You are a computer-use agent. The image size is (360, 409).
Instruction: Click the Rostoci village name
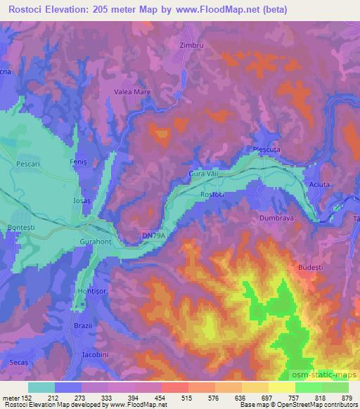point(212,193)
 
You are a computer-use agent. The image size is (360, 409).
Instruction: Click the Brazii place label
point(83,327)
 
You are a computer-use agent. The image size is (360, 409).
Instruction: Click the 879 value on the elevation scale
point(346,398)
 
